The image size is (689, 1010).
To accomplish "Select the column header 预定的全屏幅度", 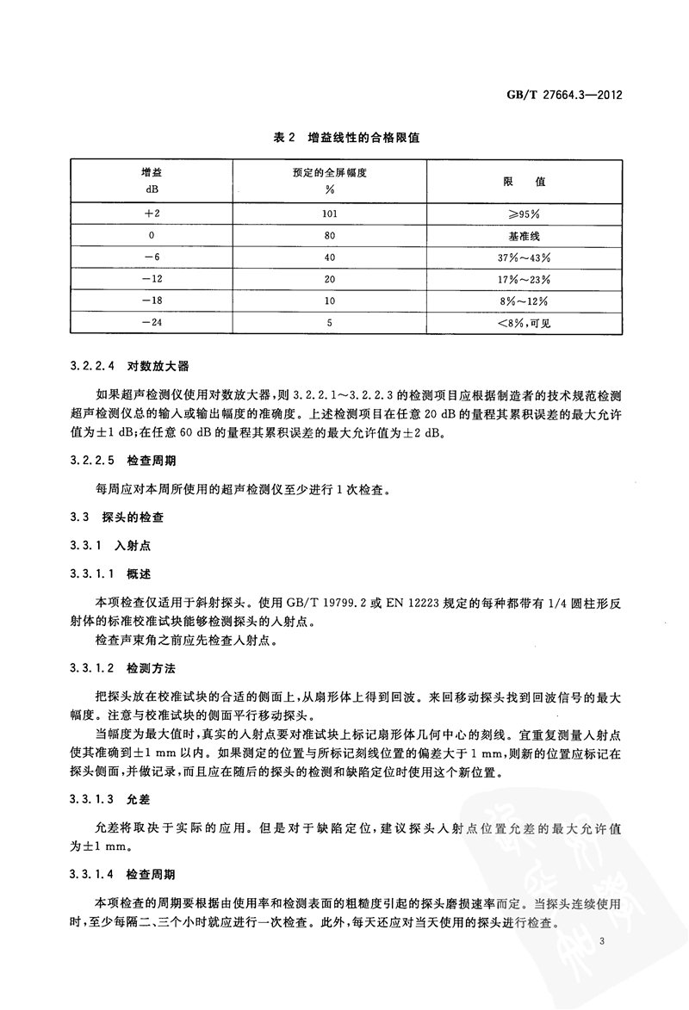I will pos(325,171).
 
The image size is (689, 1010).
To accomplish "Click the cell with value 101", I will pos(325,212).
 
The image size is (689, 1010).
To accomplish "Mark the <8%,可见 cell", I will pos(525,324).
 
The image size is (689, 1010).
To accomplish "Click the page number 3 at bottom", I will pos(606,944).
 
